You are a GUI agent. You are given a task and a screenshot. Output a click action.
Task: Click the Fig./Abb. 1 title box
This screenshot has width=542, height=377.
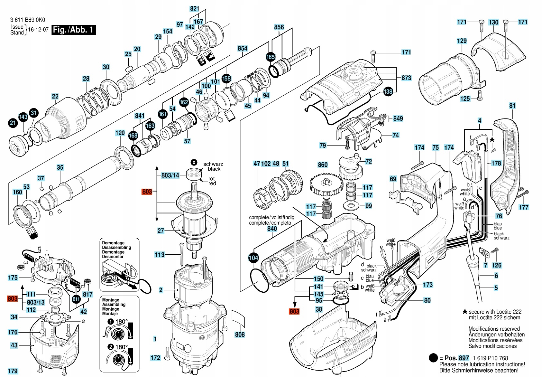pyautogui.click(x=73, y=30)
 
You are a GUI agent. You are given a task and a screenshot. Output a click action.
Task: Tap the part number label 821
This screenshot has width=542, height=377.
pyautogui.click(x=195, y=9)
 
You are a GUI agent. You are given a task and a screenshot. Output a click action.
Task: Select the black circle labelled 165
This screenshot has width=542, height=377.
pyautogui.click(x=271, y=57)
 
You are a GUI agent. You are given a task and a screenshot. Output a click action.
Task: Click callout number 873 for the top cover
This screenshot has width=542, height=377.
pyautogui.click(x=406, y=78)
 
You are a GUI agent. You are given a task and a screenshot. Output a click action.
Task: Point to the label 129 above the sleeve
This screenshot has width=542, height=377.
pyautogui.click(x=462, y=41)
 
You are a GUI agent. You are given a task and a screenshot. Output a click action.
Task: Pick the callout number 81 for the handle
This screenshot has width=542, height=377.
pyautogui.click(x=512, y=106)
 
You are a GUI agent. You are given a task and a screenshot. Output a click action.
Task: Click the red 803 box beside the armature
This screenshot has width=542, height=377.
pyautogui.click(x=147, y=192)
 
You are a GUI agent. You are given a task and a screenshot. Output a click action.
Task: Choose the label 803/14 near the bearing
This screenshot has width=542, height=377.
pyautogui.click(x=170, y=175)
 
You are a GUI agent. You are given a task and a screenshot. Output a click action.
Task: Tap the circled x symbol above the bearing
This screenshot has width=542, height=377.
pyautogui.click(x=194, y=162)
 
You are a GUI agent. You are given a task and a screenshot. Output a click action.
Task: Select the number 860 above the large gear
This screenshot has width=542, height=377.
pyautogui.click(x=323, y=165)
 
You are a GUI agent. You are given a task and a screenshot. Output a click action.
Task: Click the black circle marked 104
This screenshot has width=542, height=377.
pyautogui.click(x=253, y=258)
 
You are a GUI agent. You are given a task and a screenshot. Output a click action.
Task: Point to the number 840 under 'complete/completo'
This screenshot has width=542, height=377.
pyautogui.click(x=272, y=229)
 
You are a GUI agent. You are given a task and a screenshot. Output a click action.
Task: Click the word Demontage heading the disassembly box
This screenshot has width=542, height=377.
pyautogui.click(x=113, y=243)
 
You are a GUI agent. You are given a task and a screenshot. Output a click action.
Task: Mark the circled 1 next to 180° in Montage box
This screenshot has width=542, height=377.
pyautogui.click(x=111, y=322)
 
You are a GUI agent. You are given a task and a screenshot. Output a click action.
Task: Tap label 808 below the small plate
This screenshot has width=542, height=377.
pyautogui.click(x=240, y=335)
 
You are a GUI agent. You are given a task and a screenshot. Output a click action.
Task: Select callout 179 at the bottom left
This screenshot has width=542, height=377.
pyautogui.click(x=13, y=371)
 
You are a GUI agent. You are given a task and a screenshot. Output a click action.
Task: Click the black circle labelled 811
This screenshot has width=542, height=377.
pyautogui.click(x=76, y=299)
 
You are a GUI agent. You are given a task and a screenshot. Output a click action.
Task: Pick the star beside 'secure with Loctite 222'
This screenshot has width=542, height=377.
pyautogui.click(x=464, y=312)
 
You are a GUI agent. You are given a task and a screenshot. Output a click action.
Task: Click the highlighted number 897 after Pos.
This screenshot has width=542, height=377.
pyautogui.click(x=464, y=358)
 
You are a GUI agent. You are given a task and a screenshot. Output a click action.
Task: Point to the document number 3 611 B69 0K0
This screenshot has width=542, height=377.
pyautogui.click(x=28, y=20)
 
